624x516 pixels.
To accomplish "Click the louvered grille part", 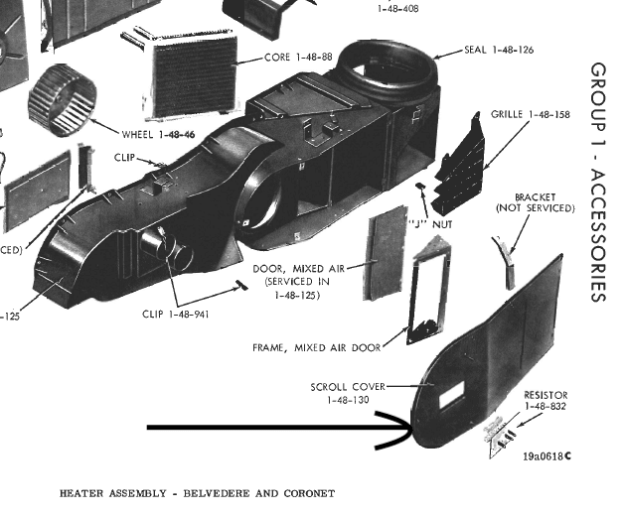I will [461, 170].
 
